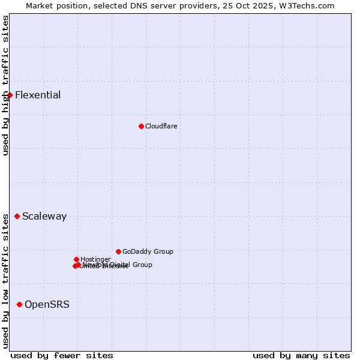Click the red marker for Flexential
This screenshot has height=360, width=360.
click(10, 95)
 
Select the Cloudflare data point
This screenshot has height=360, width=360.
click(141, 126)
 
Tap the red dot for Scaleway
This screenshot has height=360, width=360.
click(17, 216)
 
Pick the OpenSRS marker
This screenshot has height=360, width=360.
click(19, 304)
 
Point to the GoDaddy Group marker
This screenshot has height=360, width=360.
click(118, 251)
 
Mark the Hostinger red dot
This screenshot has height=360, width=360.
click(76, 259)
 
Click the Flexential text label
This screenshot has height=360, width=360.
click(38, 95)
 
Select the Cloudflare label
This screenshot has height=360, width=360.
click(161, 126)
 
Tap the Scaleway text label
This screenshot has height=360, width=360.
click(44, 216)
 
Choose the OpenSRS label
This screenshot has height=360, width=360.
click(47, 304)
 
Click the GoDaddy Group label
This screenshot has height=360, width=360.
click(148, 251)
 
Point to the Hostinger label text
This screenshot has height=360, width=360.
click(95, 259)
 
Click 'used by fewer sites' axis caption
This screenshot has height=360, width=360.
click(62, 355)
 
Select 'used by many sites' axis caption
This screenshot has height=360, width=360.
click(301, 355)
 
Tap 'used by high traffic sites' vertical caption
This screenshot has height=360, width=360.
click(6, 85)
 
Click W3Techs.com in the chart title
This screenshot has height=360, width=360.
click(313, 5)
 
